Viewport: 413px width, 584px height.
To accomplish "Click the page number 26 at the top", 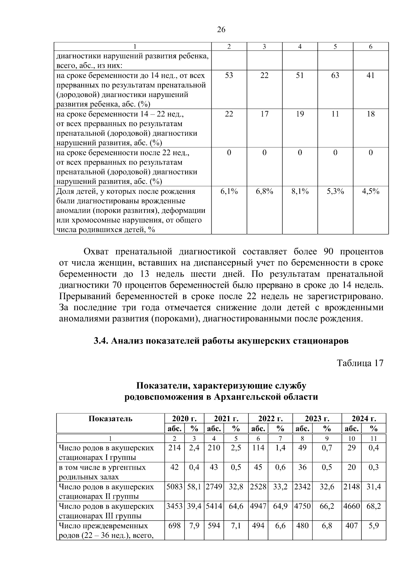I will coord(221,30).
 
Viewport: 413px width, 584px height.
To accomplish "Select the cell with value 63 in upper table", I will coord(335,75).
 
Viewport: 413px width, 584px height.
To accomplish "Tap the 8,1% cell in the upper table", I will coord(300,192).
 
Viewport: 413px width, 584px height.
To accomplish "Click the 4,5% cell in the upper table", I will coord(370,192).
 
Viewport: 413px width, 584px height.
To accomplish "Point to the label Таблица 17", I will coord(360,363).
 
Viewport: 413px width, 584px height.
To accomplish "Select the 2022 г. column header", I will coord(271,418).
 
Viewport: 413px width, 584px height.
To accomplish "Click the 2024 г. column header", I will coord(363,418).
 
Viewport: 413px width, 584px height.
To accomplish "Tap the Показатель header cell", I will coord(110,418).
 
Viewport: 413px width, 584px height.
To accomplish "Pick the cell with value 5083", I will coord(174,487).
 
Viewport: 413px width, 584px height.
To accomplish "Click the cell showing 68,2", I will coord(373,506).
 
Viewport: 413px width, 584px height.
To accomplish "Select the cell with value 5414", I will coord(214,506).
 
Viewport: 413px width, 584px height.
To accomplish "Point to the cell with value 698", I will coord(174,526).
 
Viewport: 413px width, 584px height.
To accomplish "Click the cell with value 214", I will coord(174,448).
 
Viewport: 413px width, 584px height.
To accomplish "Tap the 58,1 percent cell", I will coord(194,487).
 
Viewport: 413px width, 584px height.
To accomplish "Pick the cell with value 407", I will coord(351,526).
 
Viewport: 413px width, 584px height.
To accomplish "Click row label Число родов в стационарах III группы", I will coord(107,511).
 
